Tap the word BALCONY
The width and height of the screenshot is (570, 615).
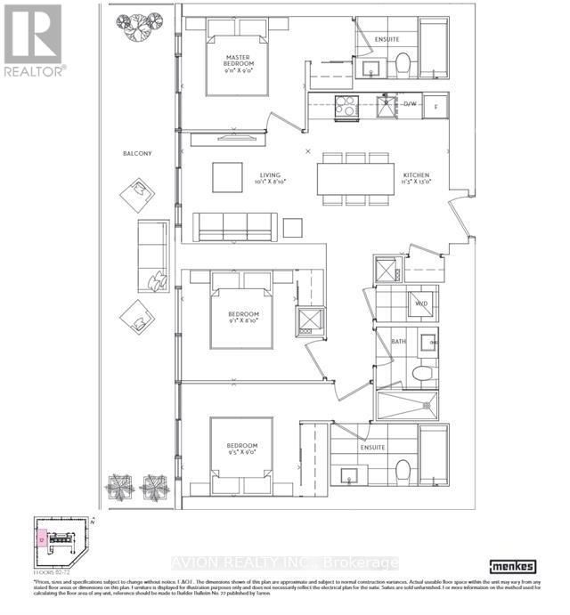(137, 154)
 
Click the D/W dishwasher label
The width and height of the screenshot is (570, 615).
(410, 105)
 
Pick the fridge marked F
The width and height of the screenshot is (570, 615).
(436, 105)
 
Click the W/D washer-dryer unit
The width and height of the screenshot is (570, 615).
(421, 304)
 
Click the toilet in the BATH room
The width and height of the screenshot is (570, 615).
(424, 372)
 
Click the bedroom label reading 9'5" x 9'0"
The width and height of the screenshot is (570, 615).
(241, 450)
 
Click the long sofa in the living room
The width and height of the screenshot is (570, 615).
(235, 228)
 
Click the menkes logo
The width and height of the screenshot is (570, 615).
(515, 565)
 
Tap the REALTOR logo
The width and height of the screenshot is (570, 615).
(33, 40)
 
